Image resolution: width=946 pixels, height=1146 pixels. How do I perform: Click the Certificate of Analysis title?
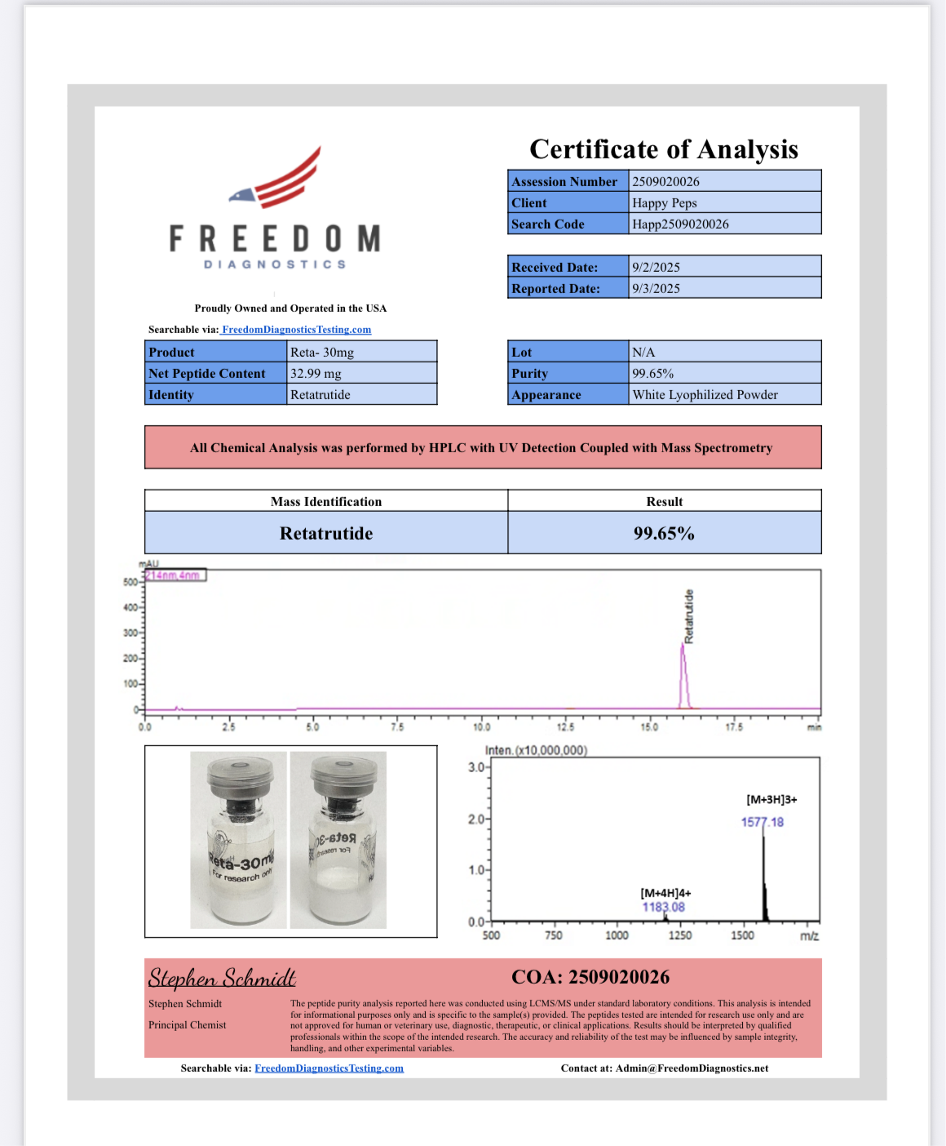pos(664,149)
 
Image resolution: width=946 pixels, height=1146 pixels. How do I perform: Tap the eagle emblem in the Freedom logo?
pos(241,196)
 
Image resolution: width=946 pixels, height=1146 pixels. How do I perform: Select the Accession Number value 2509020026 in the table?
pos(665,181)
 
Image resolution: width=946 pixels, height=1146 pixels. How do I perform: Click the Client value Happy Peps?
pos(664,202)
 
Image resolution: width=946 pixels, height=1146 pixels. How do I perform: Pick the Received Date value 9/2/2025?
pos(656,267)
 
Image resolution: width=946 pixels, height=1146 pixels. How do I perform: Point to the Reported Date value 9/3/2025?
pos(656,288)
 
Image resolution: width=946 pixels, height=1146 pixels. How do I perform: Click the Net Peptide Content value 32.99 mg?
pos(316,373)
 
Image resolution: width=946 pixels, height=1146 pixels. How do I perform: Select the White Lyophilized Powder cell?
pos(705,394)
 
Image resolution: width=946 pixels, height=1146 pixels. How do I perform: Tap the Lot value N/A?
pos(643,352)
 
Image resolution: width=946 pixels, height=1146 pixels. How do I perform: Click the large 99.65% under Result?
pos(664,533)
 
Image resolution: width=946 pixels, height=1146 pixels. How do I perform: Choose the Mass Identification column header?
pos(326,501)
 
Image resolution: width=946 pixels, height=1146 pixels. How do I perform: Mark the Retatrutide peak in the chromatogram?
pos(684,673)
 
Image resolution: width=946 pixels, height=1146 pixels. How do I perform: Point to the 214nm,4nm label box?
pos(175,575)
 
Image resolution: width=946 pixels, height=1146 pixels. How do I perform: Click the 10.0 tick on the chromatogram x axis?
pos(482,726)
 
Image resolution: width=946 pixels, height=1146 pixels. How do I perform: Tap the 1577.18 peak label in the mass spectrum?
pos(762,822)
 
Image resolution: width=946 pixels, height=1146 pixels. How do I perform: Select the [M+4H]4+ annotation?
pos(665,893)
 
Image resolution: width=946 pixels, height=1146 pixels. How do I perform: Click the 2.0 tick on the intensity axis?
pos(476,819)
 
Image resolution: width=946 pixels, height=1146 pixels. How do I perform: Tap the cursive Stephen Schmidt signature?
pos(222,977)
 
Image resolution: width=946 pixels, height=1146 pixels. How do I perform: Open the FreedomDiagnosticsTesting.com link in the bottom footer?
pos(329,1068)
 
